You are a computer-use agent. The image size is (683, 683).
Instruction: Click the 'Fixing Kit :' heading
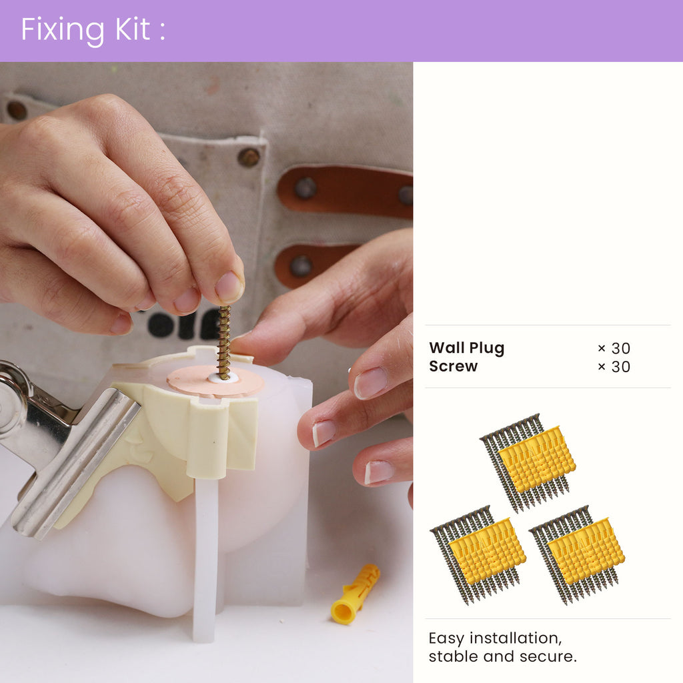93,30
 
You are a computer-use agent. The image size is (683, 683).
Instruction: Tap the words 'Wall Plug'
466,348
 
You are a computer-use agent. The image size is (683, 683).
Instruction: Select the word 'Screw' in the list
453,366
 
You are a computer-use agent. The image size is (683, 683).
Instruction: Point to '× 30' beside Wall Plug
614,348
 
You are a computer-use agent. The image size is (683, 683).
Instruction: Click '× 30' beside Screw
614,367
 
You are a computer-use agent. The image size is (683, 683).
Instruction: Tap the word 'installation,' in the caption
516,638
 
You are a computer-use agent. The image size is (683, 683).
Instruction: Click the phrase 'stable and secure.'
503,656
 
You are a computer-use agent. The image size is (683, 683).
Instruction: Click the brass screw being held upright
224,342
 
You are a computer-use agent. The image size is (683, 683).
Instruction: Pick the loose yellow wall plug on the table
355,594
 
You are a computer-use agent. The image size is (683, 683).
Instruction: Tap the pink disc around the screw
215,382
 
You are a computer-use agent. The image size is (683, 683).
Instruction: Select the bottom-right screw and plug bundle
577,555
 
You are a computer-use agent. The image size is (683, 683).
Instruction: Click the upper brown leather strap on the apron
345,191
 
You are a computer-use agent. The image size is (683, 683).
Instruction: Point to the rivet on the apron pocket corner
249,157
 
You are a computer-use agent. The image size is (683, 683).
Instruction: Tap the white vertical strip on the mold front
205,558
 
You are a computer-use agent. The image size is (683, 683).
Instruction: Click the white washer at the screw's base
223,378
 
